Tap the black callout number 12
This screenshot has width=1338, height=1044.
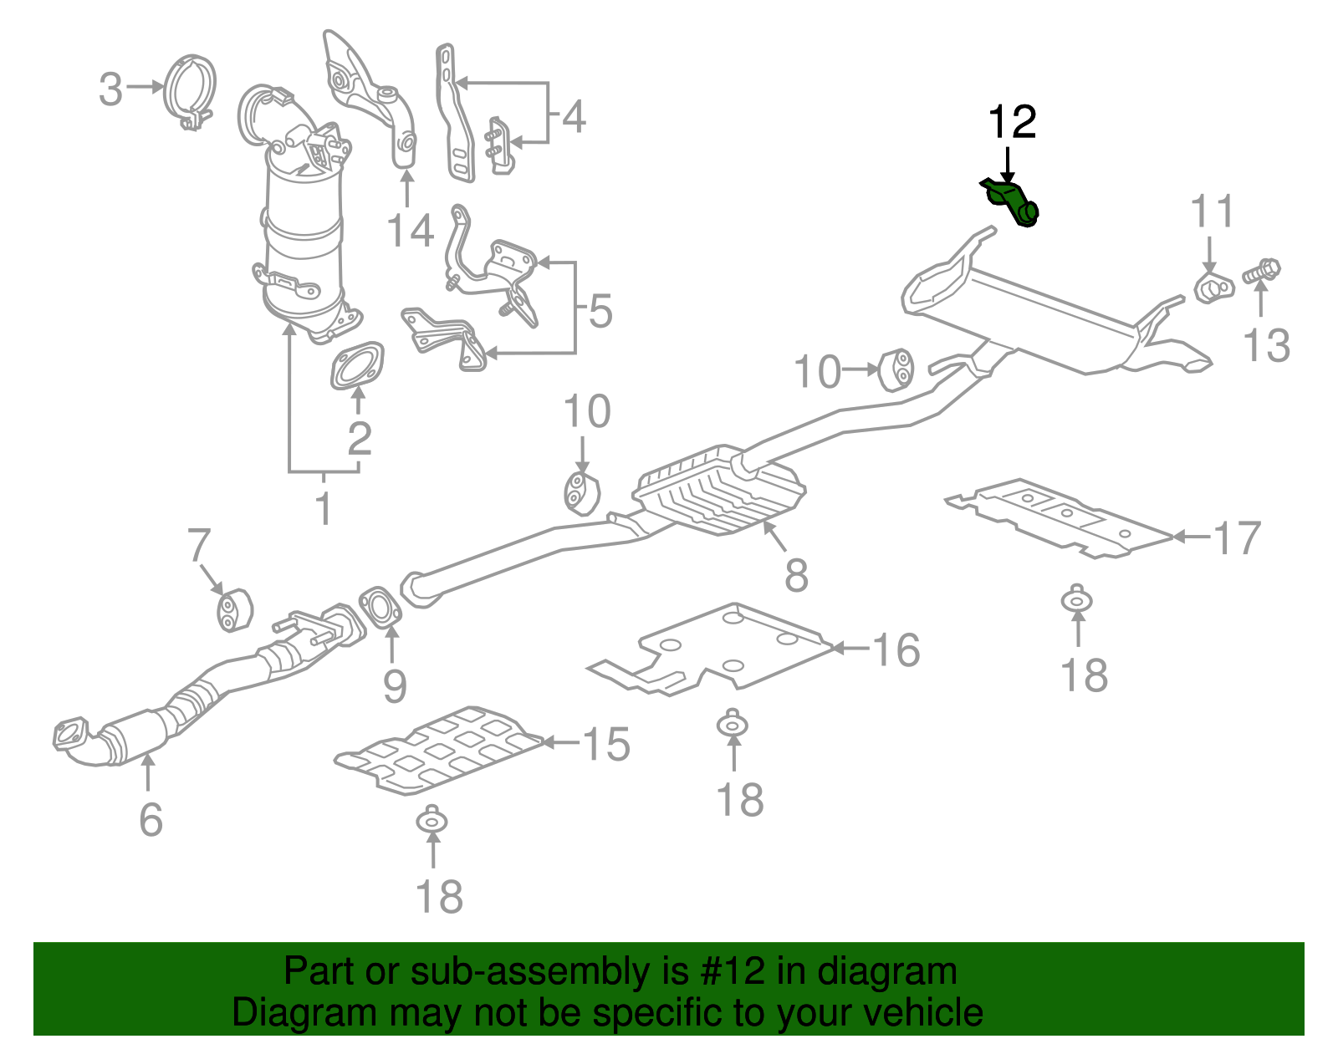(1012, 123)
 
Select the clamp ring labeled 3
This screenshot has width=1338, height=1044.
(191, 89)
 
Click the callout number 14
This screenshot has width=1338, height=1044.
(410, 231)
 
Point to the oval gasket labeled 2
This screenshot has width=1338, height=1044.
(357, 366)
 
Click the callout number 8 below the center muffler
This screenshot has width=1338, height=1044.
(796, 575)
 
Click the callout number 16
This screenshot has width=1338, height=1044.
(896, 649)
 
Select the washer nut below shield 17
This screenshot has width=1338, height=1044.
(1078, 600)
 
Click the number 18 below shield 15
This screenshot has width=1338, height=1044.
(439, 897)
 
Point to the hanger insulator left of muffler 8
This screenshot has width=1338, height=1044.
(581, 493)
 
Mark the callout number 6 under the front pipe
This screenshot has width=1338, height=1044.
(151, 819)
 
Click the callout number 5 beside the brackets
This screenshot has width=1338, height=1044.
(600, 310)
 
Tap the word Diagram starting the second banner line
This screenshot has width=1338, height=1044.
(304, 1012)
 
